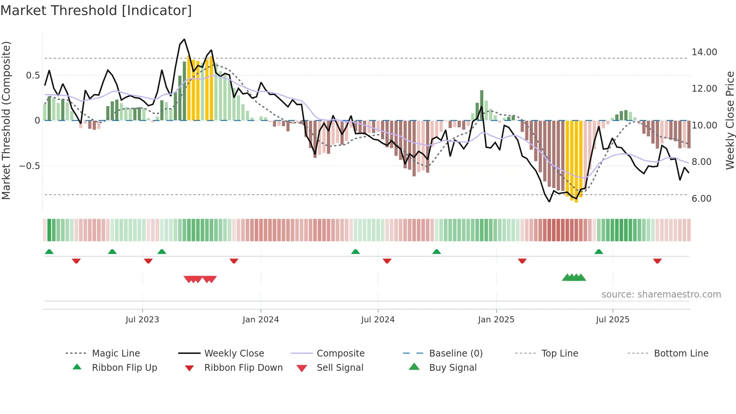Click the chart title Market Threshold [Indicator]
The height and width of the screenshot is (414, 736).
[96, 11]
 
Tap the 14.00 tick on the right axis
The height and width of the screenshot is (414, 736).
[704, 52]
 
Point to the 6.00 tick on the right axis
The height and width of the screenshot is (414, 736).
[701, 199]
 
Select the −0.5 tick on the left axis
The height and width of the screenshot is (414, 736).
[29, 166]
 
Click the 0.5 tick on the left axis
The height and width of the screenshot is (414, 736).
[33, 76]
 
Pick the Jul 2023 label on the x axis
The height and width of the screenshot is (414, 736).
[142, 320]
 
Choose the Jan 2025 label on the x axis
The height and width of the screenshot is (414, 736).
[496, 320]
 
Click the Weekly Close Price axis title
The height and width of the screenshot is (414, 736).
[730, 120]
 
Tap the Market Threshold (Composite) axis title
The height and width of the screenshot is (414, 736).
[6, 120]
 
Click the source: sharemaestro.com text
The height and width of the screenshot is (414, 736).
[661, 295]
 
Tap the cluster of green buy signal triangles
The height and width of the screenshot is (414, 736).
[574, 278]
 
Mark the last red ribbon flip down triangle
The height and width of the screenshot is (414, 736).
[657, 261]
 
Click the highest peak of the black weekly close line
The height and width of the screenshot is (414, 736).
[184, 39]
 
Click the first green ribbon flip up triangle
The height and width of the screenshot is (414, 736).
[49, 252]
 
